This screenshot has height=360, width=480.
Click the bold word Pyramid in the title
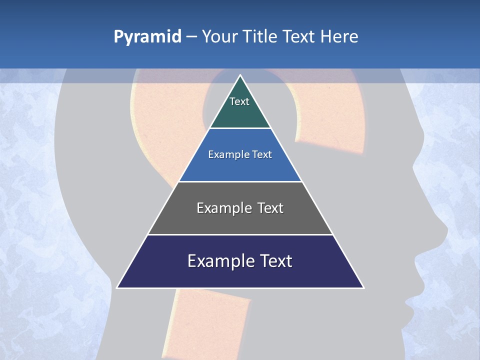pyautogui.click(x=147, y=36)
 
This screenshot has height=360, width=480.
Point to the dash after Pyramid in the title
pyautogui.click(x=191, y=36)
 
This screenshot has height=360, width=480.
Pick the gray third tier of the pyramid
pyautogui.click(x=240, y=220)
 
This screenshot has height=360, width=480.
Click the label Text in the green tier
pyautogui.click(x=239, y=101)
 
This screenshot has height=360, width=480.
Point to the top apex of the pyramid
pyautogui.click(x=240, y=76)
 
